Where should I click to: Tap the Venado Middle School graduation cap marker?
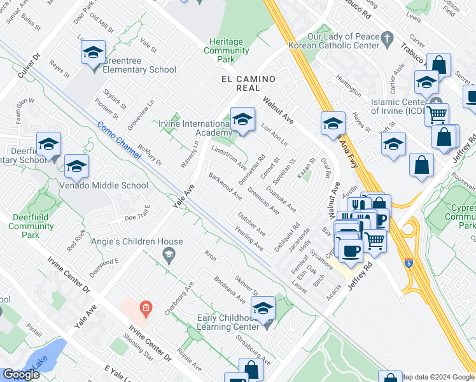[76, 167]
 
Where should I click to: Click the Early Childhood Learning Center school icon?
[263, 309]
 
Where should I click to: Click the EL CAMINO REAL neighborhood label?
[248, 83]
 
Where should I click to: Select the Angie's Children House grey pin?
[169, 256]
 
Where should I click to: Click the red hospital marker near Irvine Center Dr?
[146, 309]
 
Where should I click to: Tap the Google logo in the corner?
[21, 374]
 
